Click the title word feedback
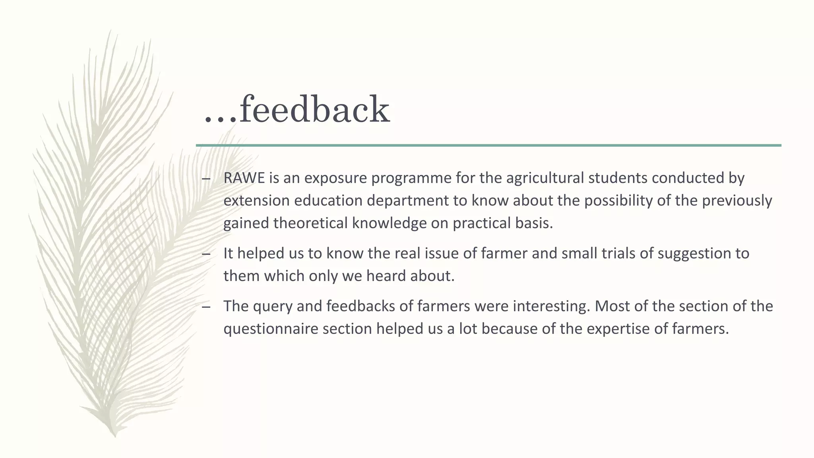pyautogui.click(x=314, y=109)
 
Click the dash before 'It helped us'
pyautogui.click(x=206, y=254)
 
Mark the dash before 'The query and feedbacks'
pyautogui.click(x=206, y=307)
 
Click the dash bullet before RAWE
pyautogui.click(x=206, y=178)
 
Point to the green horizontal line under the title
pyautogui.click(x=488, y=146)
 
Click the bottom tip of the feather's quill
pyautogui.click(x=115, y=436)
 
